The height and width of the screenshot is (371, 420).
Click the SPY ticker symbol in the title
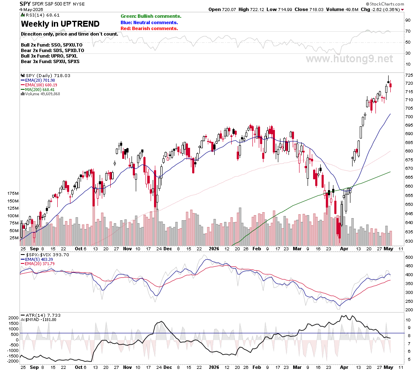[25, 4]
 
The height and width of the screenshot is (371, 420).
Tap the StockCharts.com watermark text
[385, 4]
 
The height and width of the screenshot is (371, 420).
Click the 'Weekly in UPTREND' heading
[60, 24]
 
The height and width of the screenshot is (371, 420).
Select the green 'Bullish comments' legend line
[151, 17]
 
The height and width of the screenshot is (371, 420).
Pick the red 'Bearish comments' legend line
[149, 29]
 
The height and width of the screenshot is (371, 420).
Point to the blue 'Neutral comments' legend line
[149, 22]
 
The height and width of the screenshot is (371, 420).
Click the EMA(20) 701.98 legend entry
[38, 80]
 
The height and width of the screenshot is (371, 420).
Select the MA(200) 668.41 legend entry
[38, 90]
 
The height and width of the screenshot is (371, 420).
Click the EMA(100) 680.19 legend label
[39, 85]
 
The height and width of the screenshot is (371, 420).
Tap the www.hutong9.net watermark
[349, 59]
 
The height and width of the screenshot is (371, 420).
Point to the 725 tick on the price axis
[409, 75]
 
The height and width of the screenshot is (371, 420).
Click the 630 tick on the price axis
[409, 241]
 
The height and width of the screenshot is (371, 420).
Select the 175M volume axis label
[13, 194]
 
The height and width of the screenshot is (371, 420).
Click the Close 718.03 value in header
[309, 9]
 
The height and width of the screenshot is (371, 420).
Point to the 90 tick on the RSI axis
[408, 20]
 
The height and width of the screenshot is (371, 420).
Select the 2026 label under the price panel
[214, 249]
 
